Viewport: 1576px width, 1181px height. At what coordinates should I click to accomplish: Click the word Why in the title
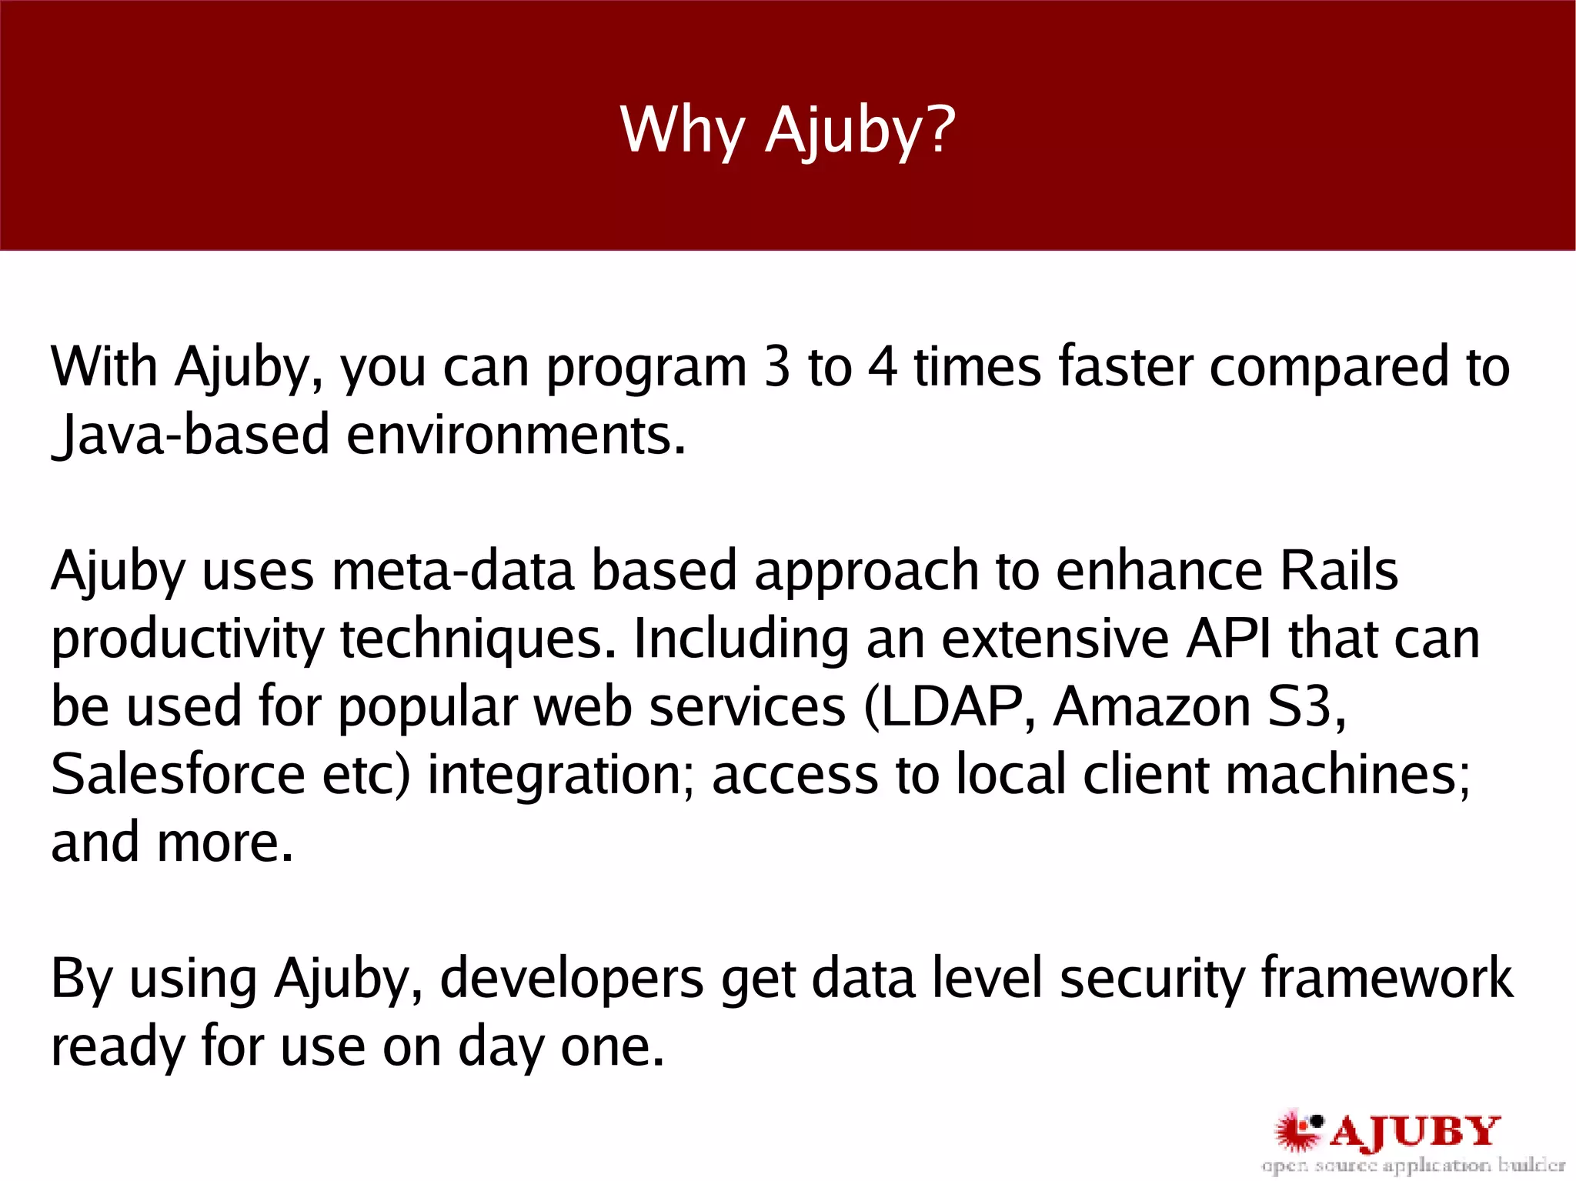click(x=682, y=131)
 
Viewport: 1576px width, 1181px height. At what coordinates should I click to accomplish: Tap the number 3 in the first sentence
click(x=777, y=367)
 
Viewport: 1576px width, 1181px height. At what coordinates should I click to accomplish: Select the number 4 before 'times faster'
click(x=883, y=367)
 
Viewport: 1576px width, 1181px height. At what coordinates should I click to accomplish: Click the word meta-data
click(x=453, y=572)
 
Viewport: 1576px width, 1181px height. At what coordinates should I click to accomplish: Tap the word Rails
click(x=1338, y=572)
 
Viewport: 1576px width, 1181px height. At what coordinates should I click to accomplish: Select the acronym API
click(x=1228, y=639)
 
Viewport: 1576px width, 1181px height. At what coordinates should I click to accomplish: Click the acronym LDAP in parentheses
click(x=950, y=707)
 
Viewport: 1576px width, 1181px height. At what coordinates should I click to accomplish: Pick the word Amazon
click(x=1151, y=707)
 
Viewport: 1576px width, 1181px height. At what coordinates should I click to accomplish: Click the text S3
click(x=1301, y=707)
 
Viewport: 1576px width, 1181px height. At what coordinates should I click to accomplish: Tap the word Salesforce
click(x=178, y=775)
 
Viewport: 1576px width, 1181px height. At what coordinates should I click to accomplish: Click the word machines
click(x=1347, y=775)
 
